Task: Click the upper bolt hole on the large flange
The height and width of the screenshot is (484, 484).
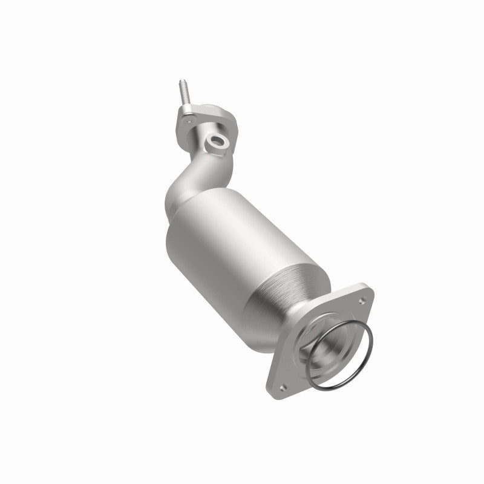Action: [x=361, y=296]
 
